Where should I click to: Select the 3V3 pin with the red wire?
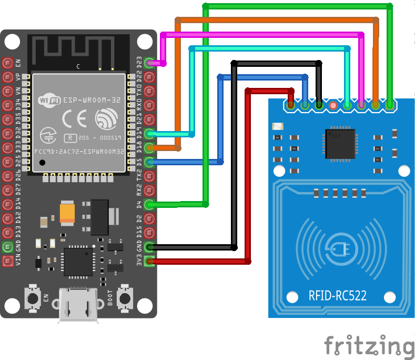coord(150,261)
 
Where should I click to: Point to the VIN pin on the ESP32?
coord(8,261)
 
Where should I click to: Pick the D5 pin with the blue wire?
coord(150,162)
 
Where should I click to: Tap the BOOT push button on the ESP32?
coord(125,298)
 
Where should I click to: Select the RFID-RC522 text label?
coord(337,295)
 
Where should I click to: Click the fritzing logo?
coord(368,345)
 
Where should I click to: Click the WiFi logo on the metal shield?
coord(49,99)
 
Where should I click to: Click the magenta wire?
coord(263,35)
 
